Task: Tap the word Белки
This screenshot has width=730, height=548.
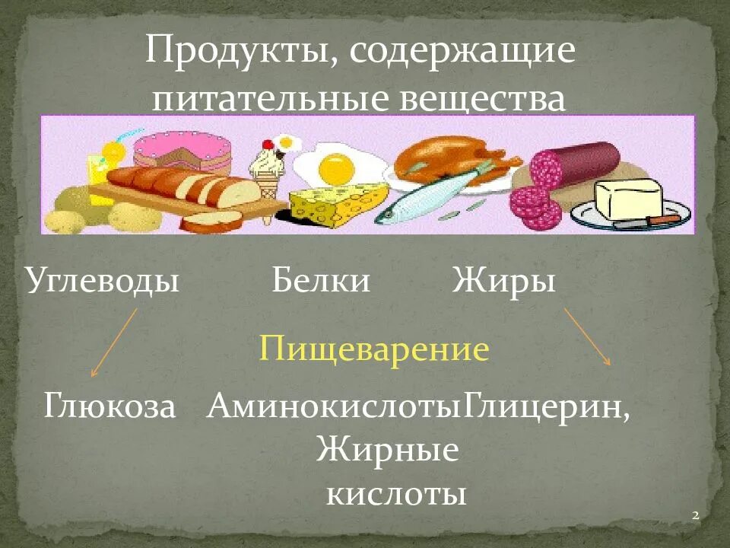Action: pos(321,282)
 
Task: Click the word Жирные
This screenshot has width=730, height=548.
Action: pos(388,450)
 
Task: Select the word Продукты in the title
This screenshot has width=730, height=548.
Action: pos(236,53)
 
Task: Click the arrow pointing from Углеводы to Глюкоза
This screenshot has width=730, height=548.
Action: pos(114,342)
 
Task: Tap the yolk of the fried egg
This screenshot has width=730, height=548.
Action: pos(333,167)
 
